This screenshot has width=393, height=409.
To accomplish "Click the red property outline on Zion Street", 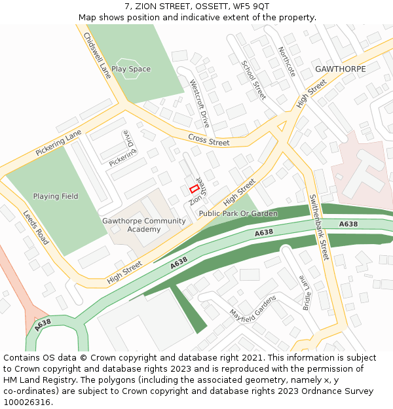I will click(194, 188).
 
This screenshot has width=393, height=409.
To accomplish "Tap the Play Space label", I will click(131, 69).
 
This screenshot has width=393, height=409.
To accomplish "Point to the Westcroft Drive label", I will click(199, 103).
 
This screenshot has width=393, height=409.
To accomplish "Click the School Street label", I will click(253, 80).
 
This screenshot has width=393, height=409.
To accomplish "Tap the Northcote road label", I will click(287, 62).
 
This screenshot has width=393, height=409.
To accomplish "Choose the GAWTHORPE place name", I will click(341, 69).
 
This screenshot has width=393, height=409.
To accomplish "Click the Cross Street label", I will click(209, 139).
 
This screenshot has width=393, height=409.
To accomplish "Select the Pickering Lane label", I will click(58, 142).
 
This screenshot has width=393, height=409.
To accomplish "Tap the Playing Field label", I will click(56, 196).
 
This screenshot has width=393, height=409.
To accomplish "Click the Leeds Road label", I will click(36, 228).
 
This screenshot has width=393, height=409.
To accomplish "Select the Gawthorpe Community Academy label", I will click(144, 225).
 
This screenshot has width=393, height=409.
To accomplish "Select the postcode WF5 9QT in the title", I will click(252, 7).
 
